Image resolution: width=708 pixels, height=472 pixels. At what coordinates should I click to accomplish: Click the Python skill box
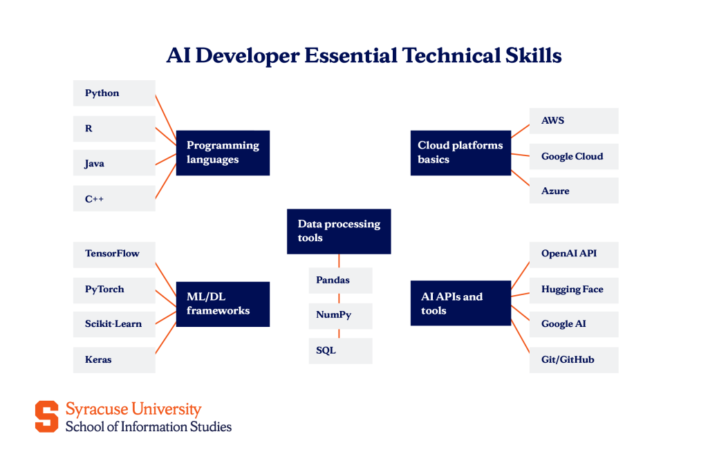point(114,93)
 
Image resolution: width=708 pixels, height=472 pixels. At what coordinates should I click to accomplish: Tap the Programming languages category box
point(223,153)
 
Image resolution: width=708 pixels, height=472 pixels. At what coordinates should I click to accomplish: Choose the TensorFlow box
point(114,254)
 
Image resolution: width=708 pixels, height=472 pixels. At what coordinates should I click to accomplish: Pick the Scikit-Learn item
point(114,324)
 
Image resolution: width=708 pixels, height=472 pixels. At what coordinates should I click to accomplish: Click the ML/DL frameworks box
point(223,304)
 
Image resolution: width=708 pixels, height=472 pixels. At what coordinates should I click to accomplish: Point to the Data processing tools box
point(339,231)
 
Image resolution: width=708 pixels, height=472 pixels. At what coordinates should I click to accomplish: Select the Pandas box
point(339,281)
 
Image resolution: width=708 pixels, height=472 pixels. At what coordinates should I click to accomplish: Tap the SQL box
point(339,351)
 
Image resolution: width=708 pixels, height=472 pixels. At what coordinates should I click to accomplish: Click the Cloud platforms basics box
point(460,153)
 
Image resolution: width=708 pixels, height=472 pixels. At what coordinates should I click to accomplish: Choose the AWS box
point(574,121)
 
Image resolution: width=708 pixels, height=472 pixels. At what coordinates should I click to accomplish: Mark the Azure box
point(574,191)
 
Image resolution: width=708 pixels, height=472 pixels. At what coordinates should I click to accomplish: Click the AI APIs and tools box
point(460,304)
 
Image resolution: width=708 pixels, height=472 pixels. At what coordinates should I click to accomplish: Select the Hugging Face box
point(574,290)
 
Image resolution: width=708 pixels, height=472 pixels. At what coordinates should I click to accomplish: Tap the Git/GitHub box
point(574,360)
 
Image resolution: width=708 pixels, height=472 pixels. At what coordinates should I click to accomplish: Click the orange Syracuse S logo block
point(47,416)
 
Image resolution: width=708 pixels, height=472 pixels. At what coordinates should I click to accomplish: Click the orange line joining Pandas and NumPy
point(339,298)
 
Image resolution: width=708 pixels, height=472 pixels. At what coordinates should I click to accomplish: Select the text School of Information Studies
point(149,426)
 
